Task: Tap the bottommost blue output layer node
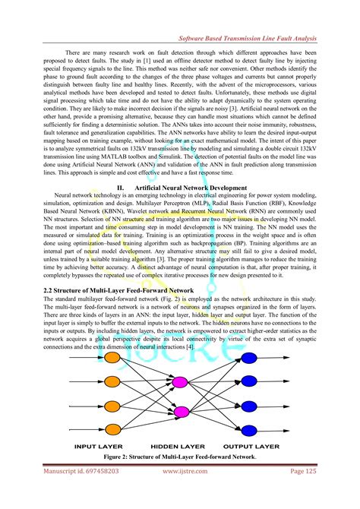(288, 428)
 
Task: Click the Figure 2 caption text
(179, 458)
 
